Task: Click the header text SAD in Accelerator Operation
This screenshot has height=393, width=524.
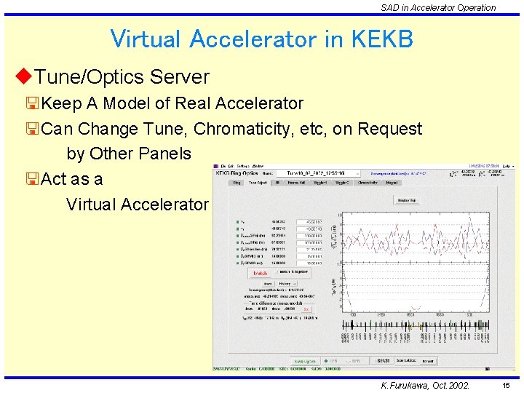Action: click(437, 7)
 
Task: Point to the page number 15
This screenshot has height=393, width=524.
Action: click(505, 385)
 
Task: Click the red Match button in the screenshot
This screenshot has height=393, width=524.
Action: click(260, 274)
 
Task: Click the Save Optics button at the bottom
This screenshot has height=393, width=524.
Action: click(304, 361)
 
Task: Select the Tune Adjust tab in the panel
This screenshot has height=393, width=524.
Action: click(258, 183)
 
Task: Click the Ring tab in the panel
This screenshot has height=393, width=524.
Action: click(236, 183)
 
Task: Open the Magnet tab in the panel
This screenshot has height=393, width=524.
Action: click(392, 183)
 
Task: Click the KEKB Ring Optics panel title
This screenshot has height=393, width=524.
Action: click(233, 173)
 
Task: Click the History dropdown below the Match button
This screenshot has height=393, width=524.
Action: click(286, 283)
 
